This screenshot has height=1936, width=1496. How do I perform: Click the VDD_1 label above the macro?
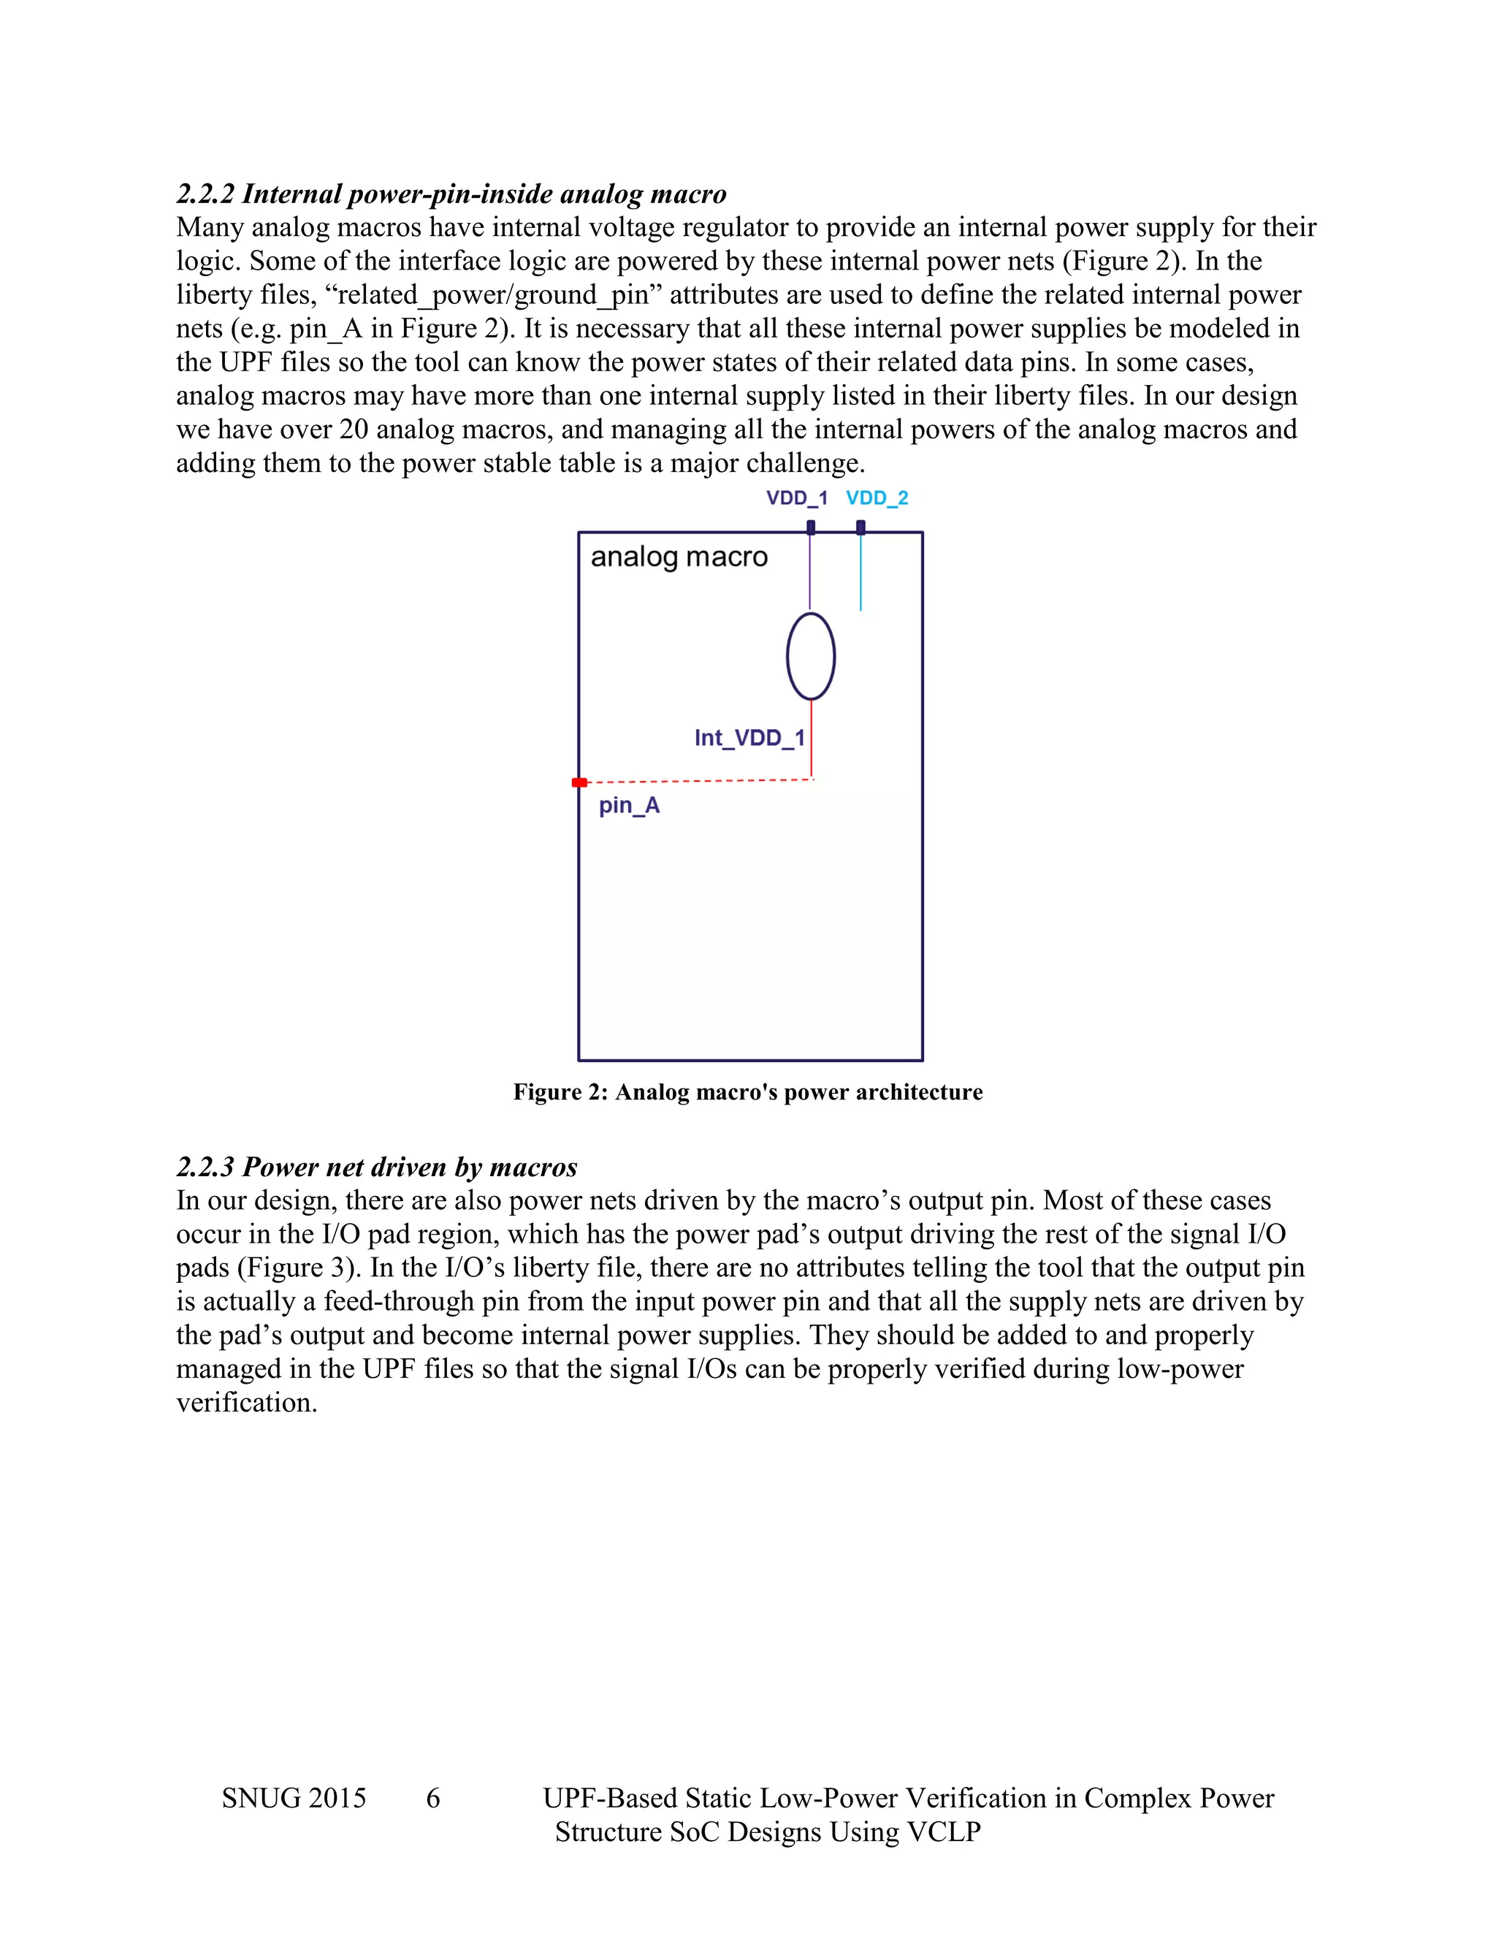pyautogui.click(x=796, y=498)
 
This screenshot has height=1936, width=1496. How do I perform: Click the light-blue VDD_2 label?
pyautogui.click(x=877, y=498)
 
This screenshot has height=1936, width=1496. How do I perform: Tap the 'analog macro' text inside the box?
pyautogui.click(x=679, y=557)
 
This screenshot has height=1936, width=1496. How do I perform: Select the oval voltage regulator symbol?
pyautogui.click(x=810, y=657)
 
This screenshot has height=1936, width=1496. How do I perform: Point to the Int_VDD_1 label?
pyautogui.click(x=749, y=738)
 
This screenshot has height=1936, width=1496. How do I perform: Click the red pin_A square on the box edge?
pyautogui.click(x=579, y=782)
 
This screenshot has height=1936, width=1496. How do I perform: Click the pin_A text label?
pyautogui.click(x=628, y=805)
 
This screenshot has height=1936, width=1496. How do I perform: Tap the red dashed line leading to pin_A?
pyautogui.click(x=700, y=781)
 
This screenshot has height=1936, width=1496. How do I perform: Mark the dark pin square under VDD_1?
pyautogui.click(x=810, y=527)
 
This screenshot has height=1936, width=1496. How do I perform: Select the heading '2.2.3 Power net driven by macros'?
pyautogui.click(x=377, y=1167)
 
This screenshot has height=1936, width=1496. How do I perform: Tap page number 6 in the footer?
pyautogui.click(x=432, y=1799)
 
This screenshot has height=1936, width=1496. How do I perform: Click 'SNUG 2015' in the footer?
pyautogui.click(x=294, y=1799)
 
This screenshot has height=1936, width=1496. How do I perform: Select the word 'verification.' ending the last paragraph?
pyautogui.click(x=246, y=1403)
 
